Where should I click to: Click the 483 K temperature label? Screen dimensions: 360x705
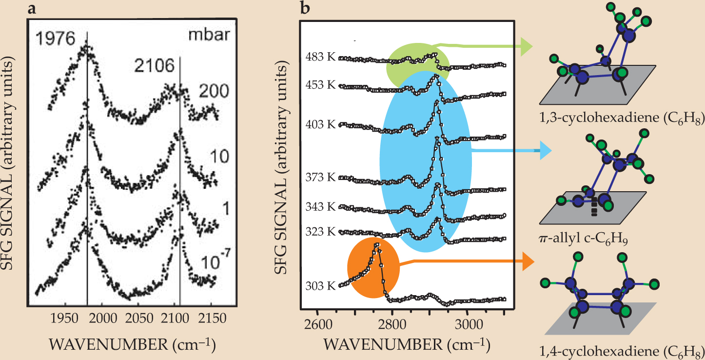click(x=321, y=57)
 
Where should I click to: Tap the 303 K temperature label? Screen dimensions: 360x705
click(x=321, y=286)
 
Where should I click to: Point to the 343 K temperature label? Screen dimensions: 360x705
click(x=321, y=207)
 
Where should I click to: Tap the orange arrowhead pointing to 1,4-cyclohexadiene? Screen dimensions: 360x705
click(x=528, y=261)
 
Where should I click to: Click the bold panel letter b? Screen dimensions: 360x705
click(x=306, y=8)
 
